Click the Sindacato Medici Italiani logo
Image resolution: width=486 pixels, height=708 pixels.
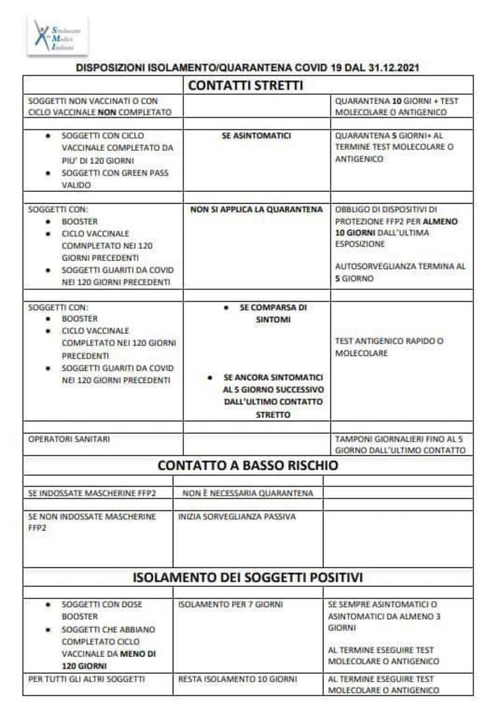(57, 35)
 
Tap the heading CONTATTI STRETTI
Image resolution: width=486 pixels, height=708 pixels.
(246, 85)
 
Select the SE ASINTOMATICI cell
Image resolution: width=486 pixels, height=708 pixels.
(256, 136)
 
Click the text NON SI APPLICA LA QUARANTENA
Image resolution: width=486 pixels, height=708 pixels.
(256, 209)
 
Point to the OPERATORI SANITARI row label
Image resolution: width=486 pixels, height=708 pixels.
(69, 439)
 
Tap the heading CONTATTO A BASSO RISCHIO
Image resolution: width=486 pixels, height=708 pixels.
(248, 465)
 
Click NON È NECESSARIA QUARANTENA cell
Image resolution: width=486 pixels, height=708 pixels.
(248, 493)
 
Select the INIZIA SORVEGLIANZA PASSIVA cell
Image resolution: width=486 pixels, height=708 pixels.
(237, 516)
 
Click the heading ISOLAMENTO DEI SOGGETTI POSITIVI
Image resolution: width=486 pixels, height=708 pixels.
(248, 577)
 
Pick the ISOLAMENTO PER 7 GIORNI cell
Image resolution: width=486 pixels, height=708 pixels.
(230, 604)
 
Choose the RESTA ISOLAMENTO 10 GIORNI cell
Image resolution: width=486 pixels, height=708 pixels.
(237, 679)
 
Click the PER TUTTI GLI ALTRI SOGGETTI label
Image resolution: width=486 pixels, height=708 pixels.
(86, 679)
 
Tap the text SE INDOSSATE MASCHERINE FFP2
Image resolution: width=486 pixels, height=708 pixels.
(92, 493)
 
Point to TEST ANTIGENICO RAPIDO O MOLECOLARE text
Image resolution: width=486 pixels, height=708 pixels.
(389, 347)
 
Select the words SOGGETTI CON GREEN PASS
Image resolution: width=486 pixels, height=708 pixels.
(115, 173)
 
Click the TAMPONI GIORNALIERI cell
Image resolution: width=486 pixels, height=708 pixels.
(400, 444)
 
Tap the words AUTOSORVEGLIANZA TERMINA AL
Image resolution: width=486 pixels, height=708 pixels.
(400, 266)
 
